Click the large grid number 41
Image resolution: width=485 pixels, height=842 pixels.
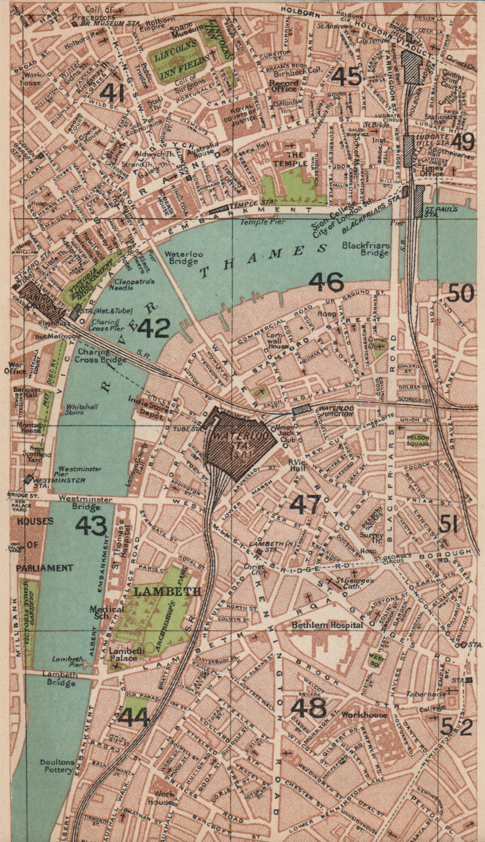112,93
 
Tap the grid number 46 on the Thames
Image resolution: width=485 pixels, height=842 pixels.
326,282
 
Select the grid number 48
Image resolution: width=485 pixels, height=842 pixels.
309,708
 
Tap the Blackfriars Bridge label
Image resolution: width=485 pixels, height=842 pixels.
366,249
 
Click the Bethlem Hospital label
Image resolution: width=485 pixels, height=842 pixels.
327,625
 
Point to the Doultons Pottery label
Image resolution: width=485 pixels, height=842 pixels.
58,766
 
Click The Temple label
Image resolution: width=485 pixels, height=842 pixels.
295,159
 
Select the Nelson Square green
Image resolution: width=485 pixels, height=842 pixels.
418,440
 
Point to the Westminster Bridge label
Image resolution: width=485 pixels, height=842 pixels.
85,503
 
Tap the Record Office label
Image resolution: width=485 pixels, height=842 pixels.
284,86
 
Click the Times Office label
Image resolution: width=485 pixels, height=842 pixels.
432,171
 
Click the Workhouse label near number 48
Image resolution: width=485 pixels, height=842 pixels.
364,715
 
